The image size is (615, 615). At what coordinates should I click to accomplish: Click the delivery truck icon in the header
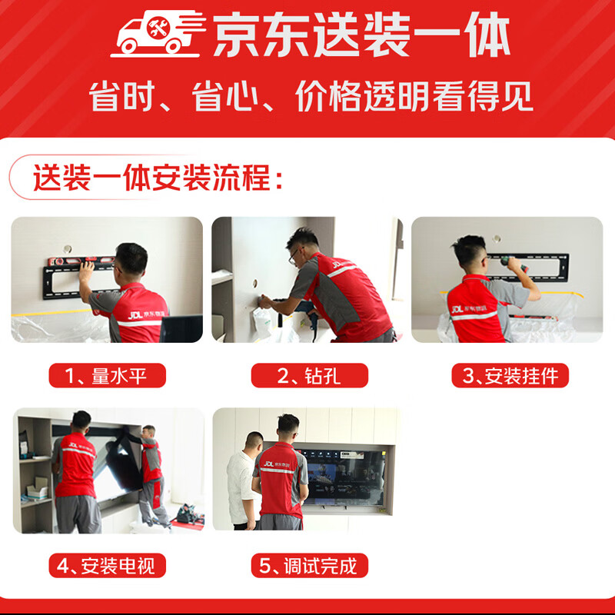click(158, 35)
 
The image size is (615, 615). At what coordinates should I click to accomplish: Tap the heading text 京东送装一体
click(361, 36)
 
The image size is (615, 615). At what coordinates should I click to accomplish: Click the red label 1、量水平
click(107, 375)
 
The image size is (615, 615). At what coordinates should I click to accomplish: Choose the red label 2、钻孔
click(309, 375)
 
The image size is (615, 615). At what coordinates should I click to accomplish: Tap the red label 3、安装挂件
click(510, 375)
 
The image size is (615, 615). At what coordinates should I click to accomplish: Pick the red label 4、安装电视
click(107, 566)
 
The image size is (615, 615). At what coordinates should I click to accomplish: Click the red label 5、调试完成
click(309, 566)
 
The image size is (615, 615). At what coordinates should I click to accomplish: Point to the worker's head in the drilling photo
click(302, 244)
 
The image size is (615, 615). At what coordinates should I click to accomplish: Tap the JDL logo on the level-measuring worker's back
click(137, 314)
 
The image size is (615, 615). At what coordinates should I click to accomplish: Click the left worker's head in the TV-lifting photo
click(81, 421)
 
